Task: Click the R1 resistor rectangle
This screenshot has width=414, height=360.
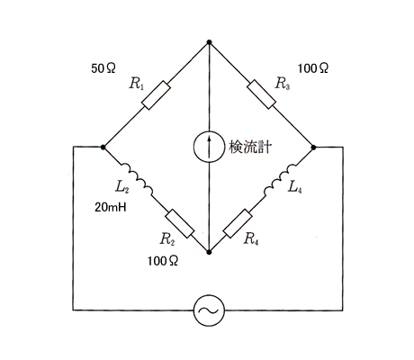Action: tap(156, 95)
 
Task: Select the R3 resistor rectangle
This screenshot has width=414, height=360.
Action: tap(261, 94)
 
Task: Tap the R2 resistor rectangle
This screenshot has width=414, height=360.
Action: tap(180, 224)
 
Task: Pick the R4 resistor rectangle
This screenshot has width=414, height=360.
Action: tap(238, 224)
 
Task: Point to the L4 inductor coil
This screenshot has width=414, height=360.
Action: tap(280, 180)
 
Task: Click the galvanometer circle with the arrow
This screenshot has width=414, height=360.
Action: tap(209, 147)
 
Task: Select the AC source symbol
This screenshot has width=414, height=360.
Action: tap(209, 310)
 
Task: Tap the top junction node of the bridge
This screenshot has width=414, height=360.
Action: tap(209, 42)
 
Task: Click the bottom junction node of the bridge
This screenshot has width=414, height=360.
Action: tap(209, 252)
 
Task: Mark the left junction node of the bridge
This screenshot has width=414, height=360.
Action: tap(103, 147)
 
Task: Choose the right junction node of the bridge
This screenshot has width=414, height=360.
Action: tap(314, 148)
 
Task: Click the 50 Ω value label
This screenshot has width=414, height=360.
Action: tap(103, 68)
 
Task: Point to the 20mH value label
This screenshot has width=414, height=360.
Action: tap(111, 207)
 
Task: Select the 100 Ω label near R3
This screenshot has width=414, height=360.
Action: tap(313, 68)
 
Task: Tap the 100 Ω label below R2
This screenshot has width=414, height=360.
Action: tap(163, 261)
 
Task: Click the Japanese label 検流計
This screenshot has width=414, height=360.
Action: tap(250, 148)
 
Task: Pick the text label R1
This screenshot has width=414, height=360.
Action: tap(137, 83)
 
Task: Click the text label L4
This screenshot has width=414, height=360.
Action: tap(294, 187)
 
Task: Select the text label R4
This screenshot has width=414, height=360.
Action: tap(251, 239)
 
